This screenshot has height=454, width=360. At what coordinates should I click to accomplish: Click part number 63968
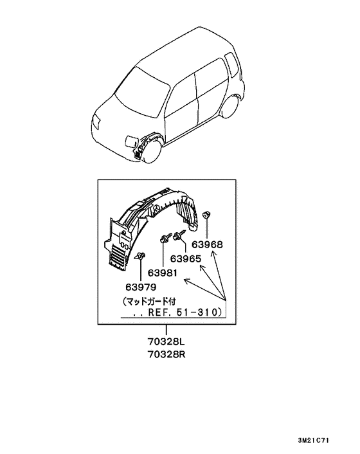pos(207,244)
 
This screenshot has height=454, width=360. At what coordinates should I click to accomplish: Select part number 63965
pos(186,259)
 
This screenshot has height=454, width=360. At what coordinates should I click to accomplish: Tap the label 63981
pos(163,273)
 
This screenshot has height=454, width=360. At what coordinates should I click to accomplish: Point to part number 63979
pos(141,287)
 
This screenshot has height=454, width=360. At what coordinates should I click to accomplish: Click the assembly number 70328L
pos(166,341)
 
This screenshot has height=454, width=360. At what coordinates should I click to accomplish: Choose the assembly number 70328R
pos(166,354)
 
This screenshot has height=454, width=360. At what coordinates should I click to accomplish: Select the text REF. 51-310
pos(184,313)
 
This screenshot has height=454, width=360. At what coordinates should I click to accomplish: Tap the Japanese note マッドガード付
pos(150,302)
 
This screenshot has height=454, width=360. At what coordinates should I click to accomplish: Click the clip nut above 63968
pos(206,215)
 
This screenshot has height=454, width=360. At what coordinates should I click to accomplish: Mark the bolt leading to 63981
pos(164,239)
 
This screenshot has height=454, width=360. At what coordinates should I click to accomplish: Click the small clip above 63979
pos(141,256)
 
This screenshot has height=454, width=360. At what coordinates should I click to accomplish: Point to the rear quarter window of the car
pos(232,65)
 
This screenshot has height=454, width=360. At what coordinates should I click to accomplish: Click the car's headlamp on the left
pos(96,123)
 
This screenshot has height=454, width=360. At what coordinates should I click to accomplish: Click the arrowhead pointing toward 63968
pos(213,254)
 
